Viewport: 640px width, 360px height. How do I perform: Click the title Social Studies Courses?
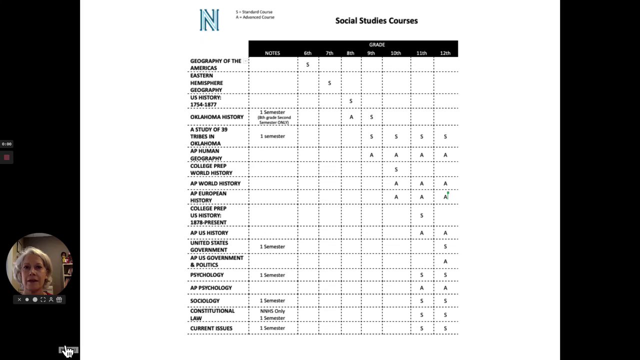pos(376,20)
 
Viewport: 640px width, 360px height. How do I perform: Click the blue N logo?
pos(209,20)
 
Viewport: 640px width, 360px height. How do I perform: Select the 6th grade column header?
pos(307,53)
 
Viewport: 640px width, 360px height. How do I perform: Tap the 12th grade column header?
pos(445,53)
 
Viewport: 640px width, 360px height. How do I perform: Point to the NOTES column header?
pos(272,53)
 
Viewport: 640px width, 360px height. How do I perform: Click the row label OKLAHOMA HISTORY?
pos(216,117)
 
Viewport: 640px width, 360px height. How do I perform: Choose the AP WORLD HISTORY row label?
pos(215,183)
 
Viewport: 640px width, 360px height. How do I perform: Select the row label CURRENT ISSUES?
pos(211,328)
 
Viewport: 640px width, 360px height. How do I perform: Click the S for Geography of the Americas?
pos(307,64)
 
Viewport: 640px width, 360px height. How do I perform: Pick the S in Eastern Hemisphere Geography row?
pos(329,83)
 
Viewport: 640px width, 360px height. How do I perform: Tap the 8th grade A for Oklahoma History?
pos(351,117)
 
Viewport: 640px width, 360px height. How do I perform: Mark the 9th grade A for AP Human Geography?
pos(371,155)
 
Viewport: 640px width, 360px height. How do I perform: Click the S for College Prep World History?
pos(396,169)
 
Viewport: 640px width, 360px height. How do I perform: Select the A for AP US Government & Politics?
pos(445,261)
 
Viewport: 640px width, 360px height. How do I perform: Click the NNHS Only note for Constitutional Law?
pos(272,311)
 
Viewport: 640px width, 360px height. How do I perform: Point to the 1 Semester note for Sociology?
pos(272,300)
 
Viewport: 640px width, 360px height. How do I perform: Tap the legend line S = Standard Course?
pos(254,12)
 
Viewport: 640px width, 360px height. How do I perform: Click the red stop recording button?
pos(6,157)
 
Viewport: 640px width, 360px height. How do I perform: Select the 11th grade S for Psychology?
pos(421,275)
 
